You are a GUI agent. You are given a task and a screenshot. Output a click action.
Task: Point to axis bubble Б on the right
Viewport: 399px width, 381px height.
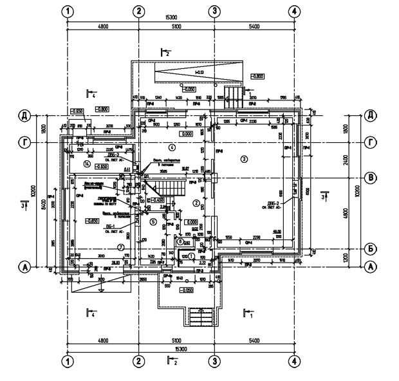371,248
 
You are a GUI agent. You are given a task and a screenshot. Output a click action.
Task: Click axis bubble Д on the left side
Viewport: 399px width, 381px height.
25,115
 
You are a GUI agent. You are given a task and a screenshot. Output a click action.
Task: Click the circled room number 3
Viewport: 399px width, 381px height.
243,158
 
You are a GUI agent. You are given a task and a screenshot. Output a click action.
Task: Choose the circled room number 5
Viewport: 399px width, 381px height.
153,222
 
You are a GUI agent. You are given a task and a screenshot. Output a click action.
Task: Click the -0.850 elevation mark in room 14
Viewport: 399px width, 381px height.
101,166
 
